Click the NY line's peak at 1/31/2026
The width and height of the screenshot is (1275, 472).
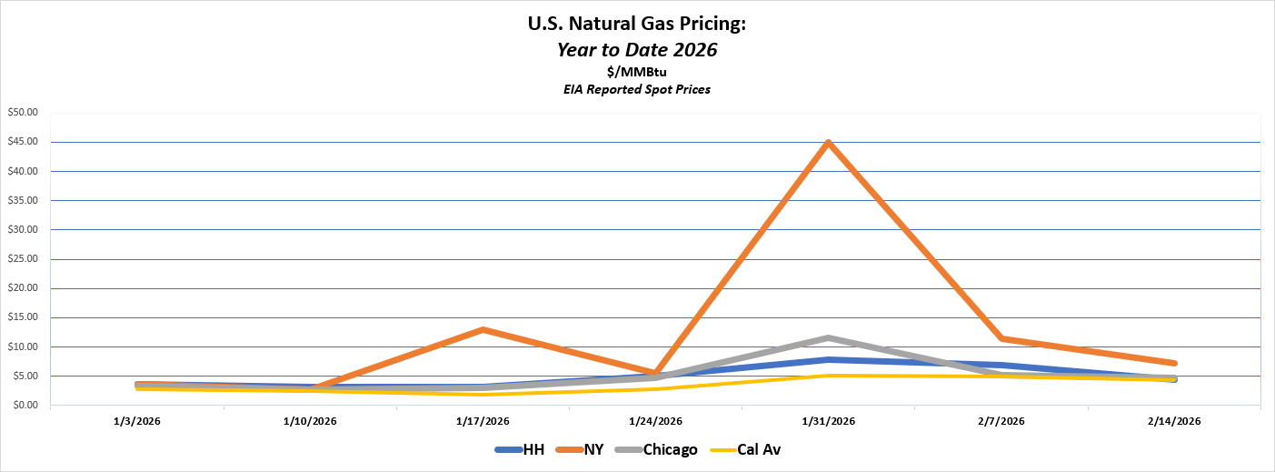828,143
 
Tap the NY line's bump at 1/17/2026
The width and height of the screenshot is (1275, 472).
483,329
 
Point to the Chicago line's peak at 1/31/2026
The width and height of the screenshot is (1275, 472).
828,338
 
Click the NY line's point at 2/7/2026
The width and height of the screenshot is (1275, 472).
1001,338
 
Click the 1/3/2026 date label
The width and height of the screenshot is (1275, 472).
137,421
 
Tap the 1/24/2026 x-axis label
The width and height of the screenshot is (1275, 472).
655,421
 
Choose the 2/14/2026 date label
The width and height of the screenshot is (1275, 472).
1173,421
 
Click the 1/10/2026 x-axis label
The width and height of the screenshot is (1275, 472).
310,421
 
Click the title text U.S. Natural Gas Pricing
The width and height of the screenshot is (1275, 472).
637,25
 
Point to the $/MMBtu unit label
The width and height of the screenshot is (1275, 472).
637,72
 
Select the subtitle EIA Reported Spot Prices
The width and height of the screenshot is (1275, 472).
637,89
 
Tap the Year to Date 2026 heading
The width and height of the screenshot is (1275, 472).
637,50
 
